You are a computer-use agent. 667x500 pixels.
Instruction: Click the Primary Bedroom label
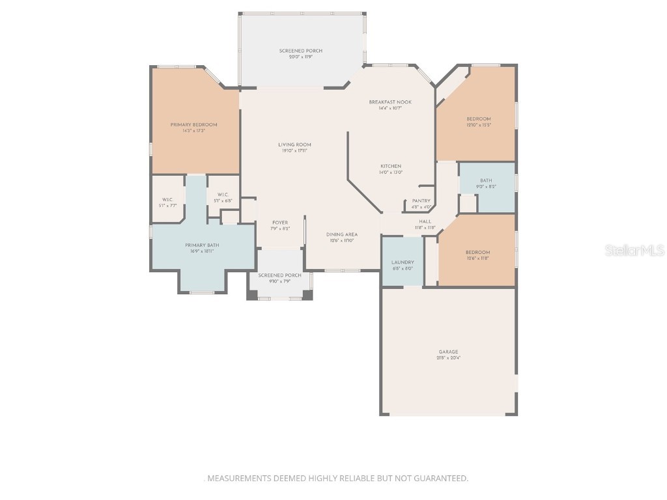(x=194, y=124)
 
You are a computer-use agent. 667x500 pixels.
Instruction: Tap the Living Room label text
(x=294, y=145)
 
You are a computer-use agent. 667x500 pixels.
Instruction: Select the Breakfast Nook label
(x=390, y=102)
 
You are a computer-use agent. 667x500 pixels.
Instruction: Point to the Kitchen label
(x=391, y=166)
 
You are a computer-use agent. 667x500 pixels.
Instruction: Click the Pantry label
(x=421, y=201)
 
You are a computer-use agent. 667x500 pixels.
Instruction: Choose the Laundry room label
(x=403, y=262)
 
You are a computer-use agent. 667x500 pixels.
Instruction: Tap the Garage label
(x=448, y=352)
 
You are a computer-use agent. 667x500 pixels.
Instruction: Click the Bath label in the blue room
(x=486, y=181)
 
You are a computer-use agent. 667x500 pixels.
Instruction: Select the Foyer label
(x=280, y=223)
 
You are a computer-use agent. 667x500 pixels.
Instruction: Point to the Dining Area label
(x=342, y=234)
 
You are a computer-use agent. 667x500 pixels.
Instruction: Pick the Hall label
(x=425, y=221)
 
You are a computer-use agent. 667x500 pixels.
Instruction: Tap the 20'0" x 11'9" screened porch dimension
(x=301, y=57)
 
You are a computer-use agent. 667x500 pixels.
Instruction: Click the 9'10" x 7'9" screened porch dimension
(x=280, y=281)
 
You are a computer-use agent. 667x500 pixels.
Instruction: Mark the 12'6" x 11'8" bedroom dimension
(x=478, y=258)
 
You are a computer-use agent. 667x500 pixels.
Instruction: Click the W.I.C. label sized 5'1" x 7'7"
(x=168, y=206)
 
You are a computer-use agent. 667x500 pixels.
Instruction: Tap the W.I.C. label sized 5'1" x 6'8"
(x=223, y=201)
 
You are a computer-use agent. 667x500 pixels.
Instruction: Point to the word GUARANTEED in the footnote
(x=439, y=479)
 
